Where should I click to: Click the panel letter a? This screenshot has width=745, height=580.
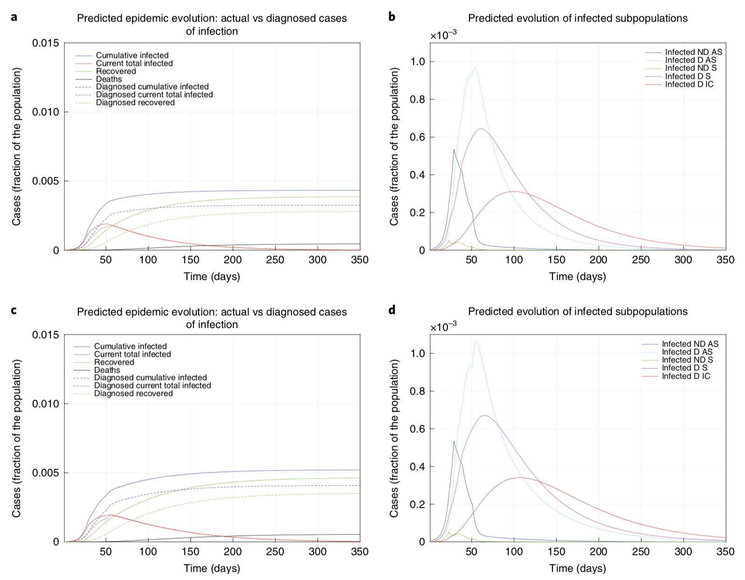tap(14, 17)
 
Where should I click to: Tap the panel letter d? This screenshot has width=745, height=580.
tap(392, 310)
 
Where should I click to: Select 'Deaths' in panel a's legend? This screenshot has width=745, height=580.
tap(109, 79)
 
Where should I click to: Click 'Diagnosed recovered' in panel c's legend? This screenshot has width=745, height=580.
tap(133, 394)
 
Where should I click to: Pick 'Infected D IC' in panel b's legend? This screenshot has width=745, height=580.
tap(689, 84)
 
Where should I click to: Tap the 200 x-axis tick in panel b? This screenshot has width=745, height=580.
tap(599, 260)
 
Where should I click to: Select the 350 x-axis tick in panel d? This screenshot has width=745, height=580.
tap(725, 552)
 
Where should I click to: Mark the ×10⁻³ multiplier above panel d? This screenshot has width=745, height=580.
tap(443, 327)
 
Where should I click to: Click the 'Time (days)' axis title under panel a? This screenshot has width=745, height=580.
tap(212, 276)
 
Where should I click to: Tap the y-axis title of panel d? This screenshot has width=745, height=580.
tap(394, 438)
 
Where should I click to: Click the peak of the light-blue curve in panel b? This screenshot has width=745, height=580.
tap(475, 67)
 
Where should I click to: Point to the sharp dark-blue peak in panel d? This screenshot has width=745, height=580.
tap(454, 441)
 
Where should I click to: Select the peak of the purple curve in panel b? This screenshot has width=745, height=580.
tap(481, 129)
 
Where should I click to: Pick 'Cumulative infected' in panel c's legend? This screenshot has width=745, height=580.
tap(130, 346)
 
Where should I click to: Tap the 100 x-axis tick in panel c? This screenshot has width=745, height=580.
tap(148, 552)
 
